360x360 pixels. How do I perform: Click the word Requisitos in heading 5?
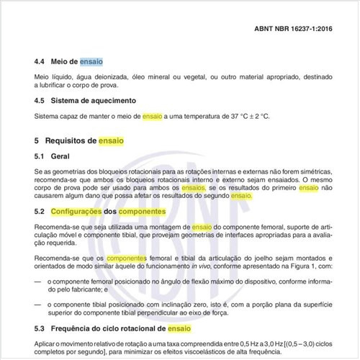(x=76, y=140)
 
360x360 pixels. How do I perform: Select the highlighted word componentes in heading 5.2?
(x=143, y=212)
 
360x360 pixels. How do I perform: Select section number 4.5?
(x=42, y=99)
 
